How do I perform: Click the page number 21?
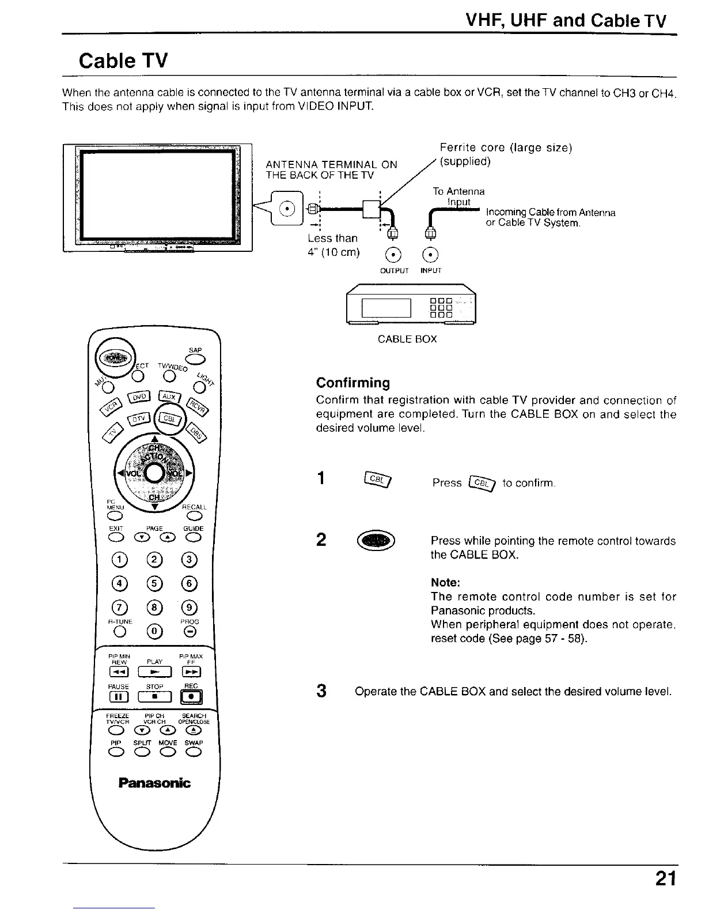(x=664, y=880)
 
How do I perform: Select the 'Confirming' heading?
(x=353, y=383)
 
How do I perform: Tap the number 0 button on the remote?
(x=154, y=632)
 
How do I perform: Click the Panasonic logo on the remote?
(x=154, y=783)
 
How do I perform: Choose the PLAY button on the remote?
(x=154, y=672)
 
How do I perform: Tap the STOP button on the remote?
(x=154, y=697)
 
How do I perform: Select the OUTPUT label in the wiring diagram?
(x=395, y=270)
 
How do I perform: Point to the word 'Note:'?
(x=445, y=582)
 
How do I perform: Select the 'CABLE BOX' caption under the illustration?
(x=407, y=339)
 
